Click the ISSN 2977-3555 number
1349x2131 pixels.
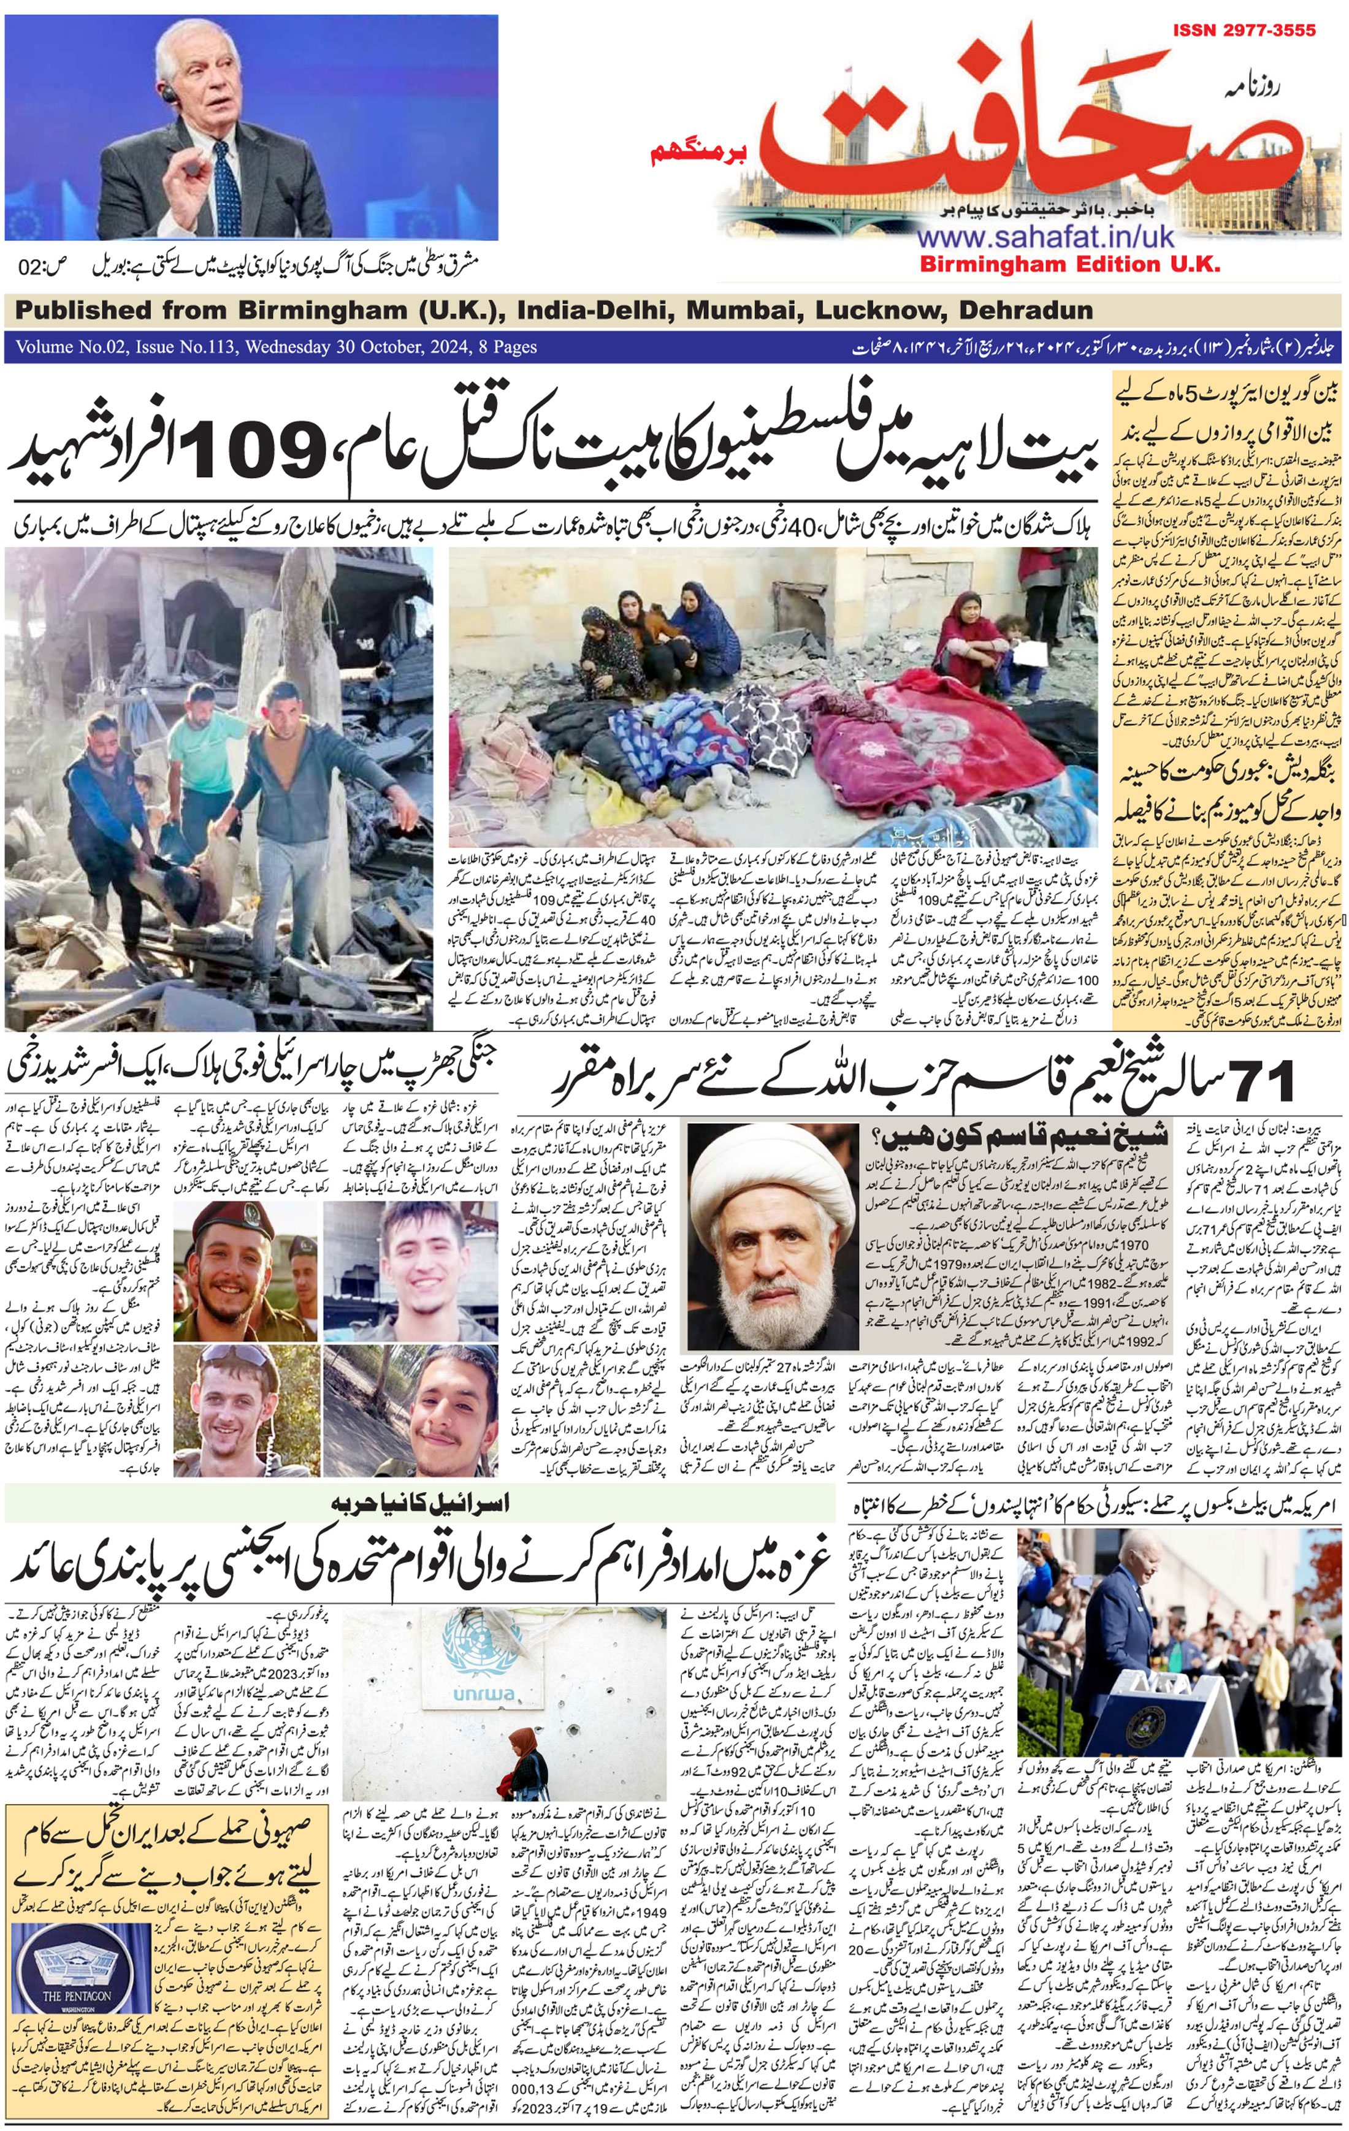(x=1244, y=30)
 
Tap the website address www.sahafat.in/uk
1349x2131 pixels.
(x=1045, y=237)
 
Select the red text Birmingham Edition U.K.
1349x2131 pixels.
(x=1069, y=264)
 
